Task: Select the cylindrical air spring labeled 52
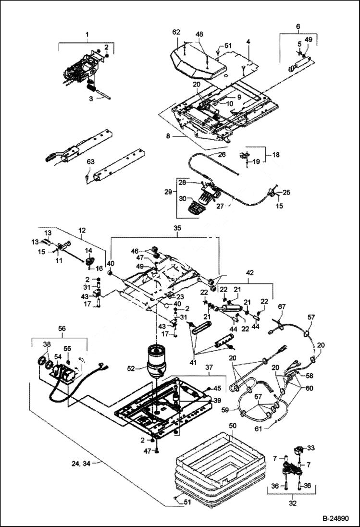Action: [x=157, y=362]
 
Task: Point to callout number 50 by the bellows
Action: [x=232, y=426]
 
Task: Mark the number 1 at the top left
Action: [x=87, y=35]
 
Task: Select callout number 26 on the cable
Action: [x=222, y=155]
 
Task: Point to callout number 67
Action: [x=282, y=306]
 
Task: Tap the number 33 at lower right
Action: [x=311, y=448]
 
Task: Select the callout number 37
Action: [x=209, y=367]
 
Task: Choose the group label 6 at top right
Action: [x=298, y=26]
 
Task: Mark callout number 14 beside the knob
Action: [x=88, y=250]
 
